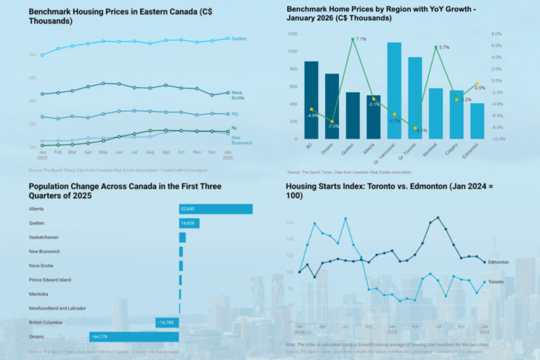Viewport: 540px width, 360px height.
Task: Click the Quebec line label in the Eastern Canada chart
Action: (239, 39)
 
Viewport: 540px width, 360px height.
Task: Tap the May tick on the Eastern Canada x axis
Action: (103, 152)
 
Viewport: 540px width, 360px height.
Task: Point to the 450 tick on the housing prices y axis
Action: (32, 77)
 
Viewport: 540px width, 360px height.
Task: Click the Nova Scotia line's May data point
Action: (103, 83)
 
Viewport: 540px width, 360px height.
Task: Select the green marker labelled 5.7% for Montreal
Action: (436, 48)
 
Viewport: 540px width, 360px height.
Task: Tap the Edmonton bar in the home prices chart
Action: (477, 121)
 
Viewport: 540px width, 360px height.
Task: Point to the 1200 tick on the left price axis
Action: (292, 34)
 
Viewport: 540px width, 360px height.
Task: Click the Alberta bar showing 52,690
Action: (216, 209)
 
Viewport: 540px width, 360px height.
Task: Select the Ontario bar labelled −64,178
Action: (134, 337)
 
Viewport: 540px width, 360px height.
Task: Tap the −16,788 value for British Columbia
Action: (166, 322)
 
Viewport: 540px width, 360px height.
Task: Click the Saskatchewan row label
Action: (44, 238)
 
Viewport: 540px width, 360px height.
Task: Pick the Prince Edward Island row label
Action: (51, 280)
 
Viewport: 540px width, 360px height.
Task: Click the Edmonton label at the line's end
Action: (498, 262)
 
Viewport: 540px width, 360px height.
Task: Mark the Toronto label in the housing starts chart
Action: (496, 282)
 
